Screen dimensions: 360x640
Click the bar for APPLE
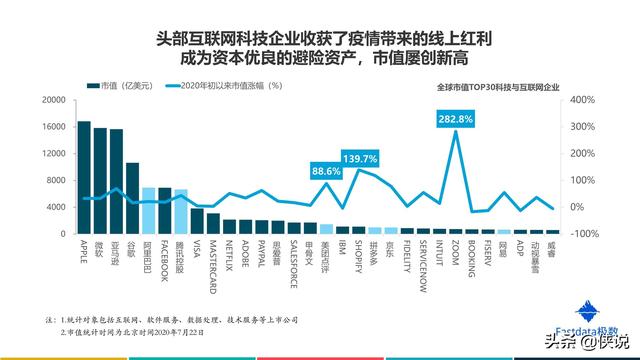[x=84, y=178]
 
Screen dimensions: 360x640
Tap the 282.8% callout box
[x=456, y=119]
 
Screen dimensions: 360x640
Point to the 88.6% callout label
[x=327, y=172]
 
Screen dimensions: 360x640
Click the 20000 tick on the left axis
[x=53, y=100]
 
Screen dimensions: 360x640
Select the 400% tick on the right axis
[x=583, y=100]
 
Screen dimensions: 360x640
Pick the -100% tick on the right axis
[x=583, y=234]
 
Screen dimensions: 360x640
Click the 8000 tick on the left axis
[x=56, y=180]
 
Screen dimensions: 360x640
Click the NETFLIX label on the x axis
[x=230, y=253]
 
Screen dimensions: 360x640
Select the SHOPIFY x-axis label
[x=359, y=254]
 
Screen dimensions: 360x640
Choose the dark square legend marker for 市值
[x=93, y=87]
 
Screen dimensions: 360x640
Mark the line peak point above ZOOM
[x=456, y=132]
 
